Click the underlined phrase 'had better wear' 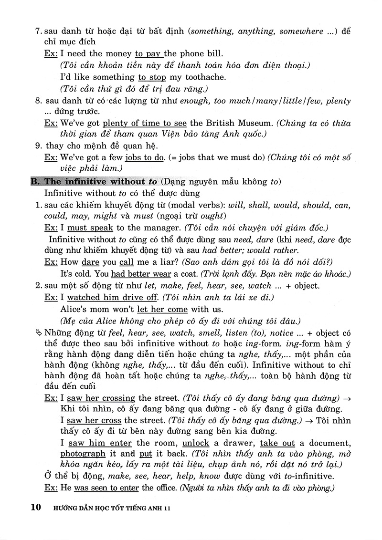point(140,274)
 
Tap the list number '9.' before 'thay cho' point(39,145)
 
